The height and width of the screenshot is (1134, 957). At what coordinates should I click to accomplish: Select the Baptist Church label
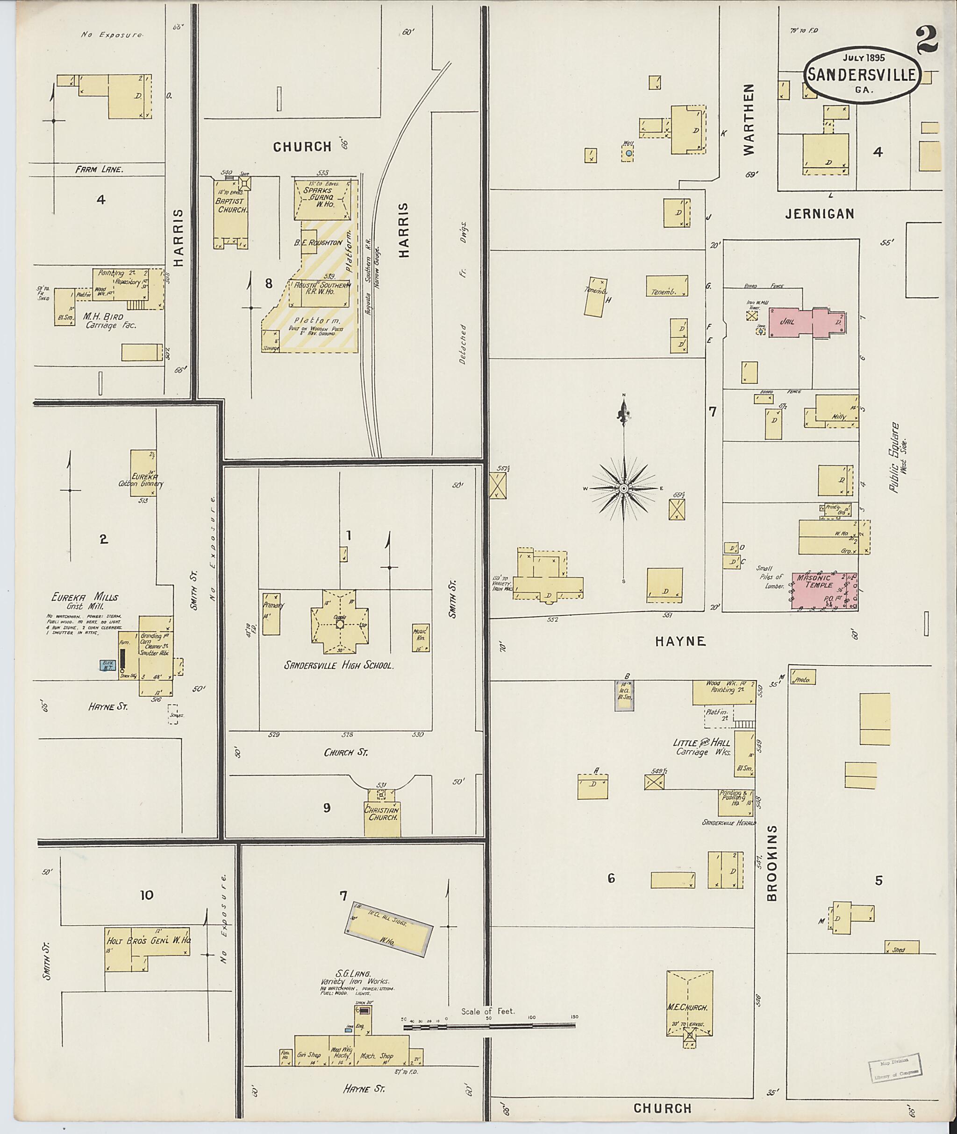coord(232,205)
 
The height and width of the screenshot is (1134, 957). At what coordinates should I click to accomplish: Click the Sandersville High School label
coord(338,666)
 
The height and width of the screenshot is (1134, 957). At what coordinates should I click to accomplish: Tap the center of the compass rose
coord(624,488)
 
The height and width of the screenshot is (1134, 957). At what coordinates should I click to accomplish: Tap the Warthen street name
coord(749,120)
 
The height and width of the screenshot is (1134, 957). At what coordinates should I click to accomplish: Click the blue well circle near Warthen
coord(628,154)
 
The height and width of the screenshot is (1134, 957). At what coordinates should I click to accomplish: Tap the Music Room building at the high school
coord(421,637)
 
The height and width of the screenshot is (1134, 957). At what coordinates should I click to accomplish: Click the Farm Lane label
coord(100,169)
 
